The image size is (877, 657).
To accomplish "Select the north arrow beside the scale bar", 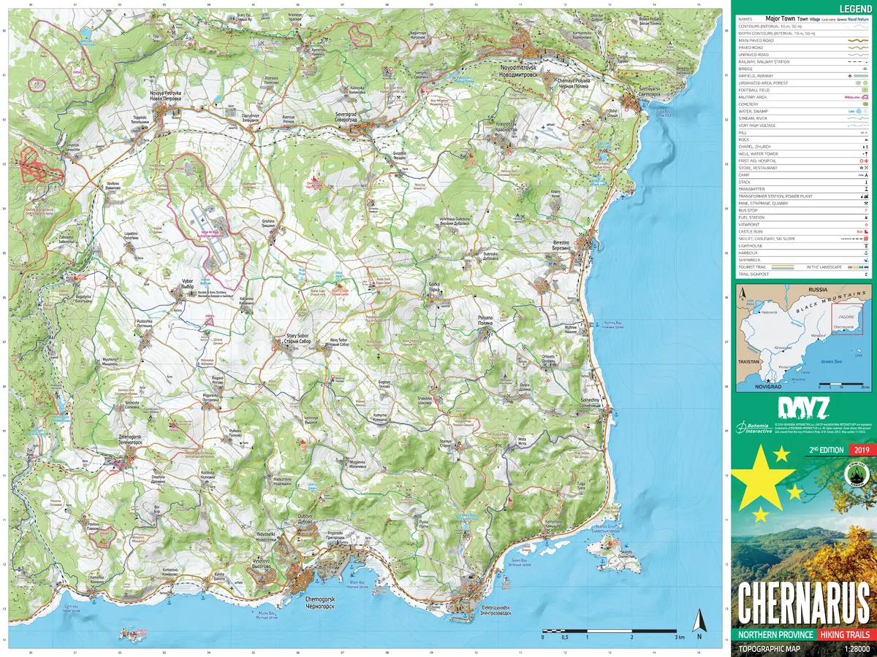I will (x=699, y=622).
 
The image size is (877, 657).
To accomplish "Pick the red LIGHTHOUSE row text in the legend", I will (x=753, y=246).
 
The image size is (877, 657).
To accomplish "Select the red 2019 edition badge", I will (x=859, y=450).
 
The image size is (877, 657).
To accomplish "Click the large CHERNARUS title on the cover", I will (x=803, y=604).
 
